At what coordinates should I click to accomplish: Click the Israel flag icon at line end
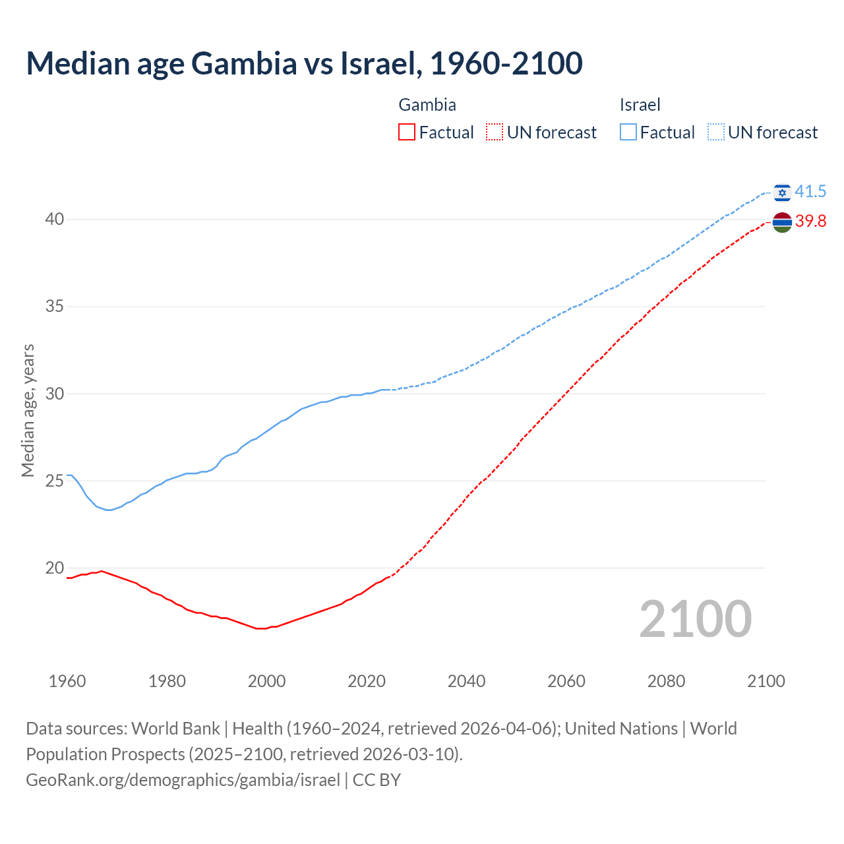pos(782,192)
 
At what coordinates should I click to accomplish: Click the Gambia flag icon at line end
pos(782,223)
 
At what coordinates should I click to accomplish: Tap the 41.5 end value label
pos(810,192)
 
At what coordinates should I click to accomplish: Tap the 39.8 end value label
pos(810,222)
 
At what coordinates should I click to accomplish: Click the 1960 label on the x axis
pos(67,681)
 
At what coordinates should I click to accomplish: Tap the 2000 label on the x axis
pos(266,681)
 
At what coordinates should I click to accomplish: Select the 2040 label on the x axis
pos(466,681)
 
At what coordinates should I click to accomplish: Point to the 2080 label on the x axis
pos(666,681)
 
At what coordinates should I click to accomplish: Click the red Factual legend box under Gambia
pos(407,133)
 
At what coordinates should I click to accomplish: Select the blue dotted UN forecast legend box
pos(716,133)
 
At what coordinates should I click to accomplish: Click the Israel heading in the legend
pos(640,105)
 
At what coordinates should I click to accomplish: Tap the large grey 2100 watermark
pos(695,618)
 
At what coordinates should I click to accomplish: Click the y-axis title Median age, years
pos(28,410)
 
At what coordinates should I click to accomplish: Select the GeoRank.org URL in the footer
pos(183,780)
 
